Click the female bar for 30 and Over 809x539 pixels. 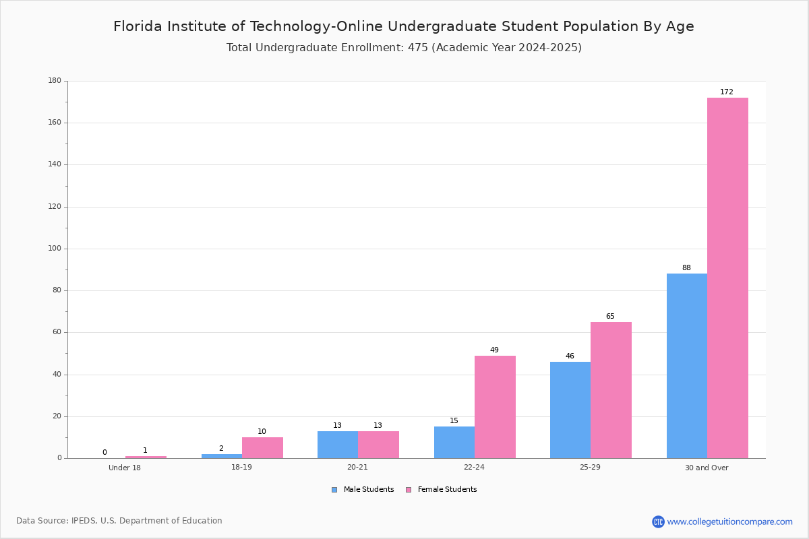(727, 278)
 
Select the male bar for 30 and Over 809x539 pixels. (687, 366)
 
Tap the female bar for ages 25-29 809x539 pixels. (611, 390)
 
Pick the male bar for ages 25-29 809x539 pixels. (570, 410)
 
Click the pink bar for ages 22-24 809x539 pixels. (495, 407)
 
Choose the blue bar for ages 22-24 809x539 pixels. (454, 443)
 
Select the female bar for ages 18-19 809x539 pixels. (262, 448)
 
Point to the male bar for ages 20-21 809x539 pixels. (338, 445)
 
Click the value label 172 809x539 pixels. (727, 92)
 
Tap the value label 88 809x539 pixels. (686, 267)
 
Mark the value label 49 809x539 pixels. (494, 350)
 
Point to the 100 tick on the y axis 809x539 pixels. (66, 249)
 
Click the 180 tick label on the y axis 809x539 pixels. (55, 80)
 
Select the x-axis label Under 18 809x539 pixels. (125, 468)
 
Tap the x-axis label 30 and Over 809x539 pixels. (707, 468)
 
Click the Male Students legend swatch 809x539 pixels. (334, 490)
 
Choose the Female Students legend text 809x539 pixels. (447, 489)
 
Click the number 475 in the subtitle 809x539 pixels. (418, 47)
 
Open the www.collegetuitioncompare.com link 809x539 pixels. (729, 521)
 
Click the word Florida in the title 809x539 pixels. (138, 26)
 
